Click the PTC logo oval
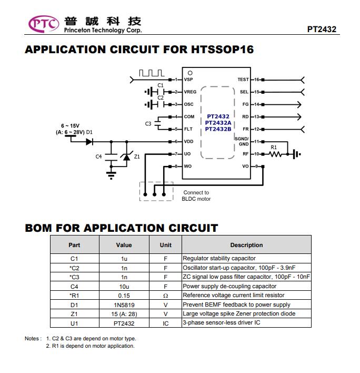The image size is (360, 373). click(44, 24)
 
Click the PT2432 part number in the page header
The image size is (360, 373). click(322, 30)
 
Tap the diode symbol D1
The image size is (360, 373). click(89, 142)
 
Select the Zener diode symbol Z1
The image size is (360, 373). click(126, 156)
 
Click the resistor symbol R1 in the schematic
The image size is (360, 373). click(275, 154)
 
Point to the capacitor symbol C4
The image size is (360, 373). click(111, 157)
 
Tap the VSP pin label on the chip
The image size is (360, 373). click(188, 80)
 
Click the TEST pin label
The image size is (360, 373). click(243, 80)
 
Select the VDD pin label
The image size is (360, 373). click(188, 142)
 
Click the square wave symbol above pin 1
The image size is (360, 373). click(152, 73)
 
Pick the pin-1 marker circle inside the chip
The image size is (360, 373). click(190, 73)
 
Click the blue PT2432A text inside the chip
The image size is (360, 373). click(218, 123)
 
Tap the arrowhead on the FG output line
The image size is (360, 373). click(299, 104)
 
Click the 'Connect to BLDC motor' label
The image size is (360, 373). click(196, 195)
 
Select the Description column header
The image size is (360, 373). click(246, 245)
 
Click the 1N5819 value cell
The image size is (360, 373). click(124, 305)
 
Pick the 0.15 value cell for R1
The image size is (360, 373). click(124, 296)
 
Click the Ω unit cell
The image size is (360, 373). click(165, 296)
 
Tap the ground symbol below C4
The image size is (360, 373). click(111, 175)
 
